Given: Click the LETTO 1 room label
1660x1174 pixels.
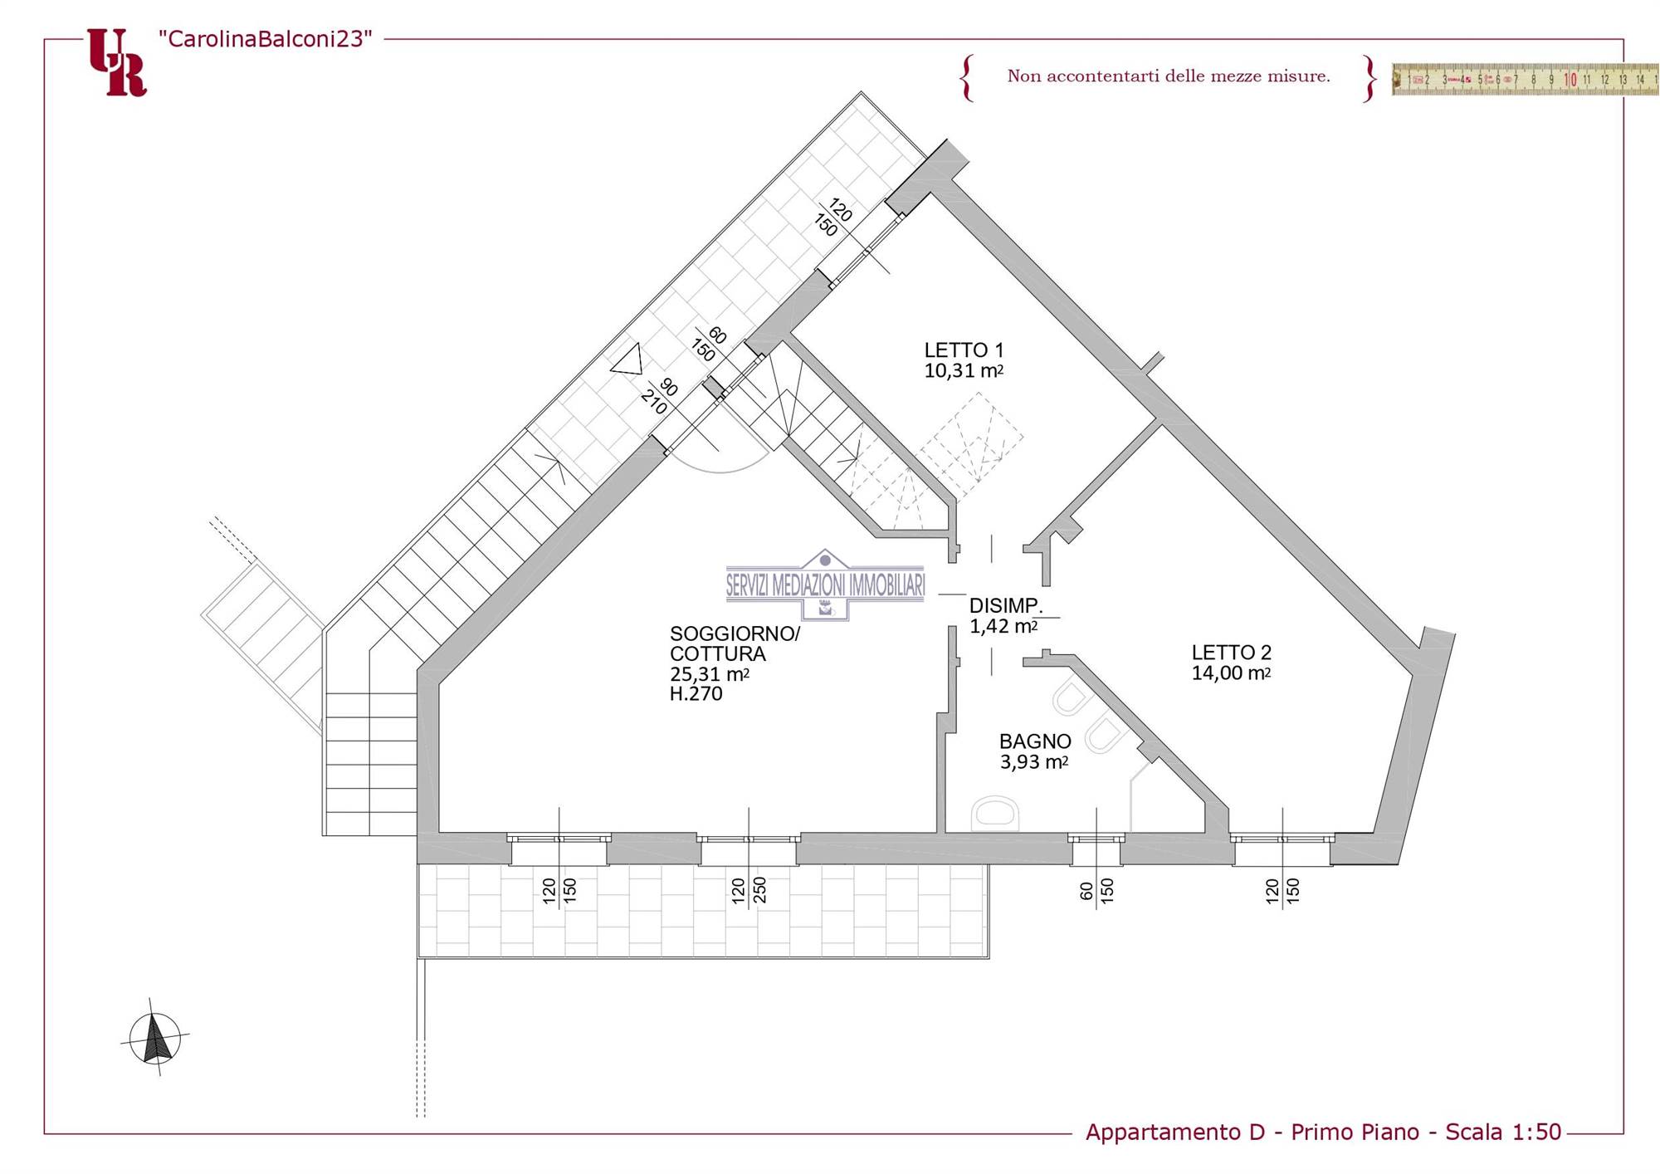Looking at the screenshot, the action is [x=964, y=350].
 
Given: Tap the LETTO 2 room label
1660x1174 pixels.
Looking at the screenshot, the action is [x=1231, y=653].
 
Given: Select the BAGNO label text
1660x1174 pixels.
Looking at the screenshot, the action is [x=1035, y=741].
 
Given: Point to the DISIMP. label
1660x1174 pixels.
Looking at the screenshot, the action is [x=1006, y=605].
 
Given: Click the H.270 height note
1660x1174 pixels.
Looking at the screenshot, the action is [x=696, y=694].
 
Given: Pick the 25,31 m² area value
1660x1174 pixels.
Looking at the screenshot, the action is [x=710, y=674].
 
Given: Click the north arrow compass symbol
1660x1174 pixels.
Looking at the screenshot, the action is [x=155, y=1038].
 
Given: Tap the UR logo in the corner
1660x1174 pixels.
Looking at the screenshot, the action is [x=117, y=62].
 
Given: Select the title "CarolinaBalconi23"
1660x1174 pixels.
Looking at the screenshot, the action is [x=266, y=39].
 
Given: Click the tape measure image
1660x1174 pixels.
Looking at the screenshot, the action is [x=1526, y=79].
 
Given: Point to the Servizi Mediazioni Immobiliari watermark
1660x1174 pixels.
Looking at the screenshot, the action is [x=825, y=585].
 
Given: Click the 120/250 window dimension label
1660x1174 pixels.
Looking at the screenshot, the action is [x=749, y=890].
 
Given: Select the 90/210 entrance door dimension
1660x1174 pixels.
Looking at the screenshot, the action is [x=661, y=396].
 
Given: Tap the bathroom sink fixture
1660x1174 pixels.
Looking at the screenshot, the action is [x=994, y=813].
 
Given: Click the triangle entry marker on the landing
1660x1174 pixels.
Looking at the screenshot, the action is [x=627, y=360].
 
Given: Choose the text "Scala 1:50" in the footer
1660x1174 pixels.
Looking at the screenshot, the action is [x=1503, y=1132].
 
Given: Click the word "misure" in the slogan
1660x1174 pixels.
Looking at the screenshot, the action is [x=1298, y=76].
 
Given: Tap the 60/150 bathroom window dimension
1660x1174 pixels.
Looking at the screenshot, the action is [x=1096, y=891].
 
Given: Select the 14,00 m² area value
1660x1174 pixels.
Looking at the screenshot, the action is [x=1231, y=673].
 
